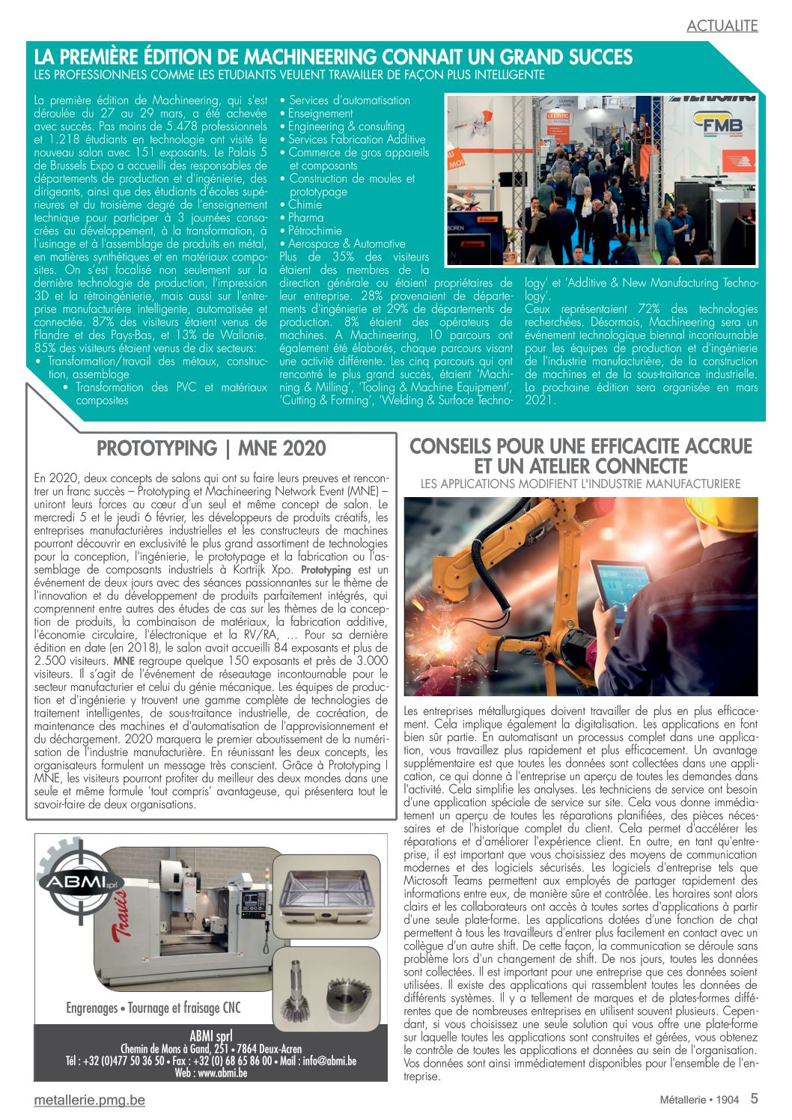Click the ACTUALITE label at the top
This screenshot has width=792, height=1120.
point(722,25)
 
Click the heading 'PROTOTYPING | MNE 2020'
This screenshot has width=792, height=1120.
point(211,448)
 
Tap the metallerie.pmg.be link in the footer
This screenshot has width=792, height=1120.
point(89,1100)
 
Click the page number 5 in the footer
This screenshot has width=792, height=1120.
point(754,1098)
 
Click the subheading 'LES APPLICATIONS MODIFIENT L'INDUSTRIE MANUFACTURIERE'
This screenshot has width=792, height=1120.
point(580,484)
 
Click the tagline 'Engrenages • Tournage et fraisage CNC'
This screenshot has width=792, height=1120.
point(153,1008)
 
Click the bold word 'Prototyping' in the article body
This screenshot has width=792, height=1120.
point(326,570)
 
